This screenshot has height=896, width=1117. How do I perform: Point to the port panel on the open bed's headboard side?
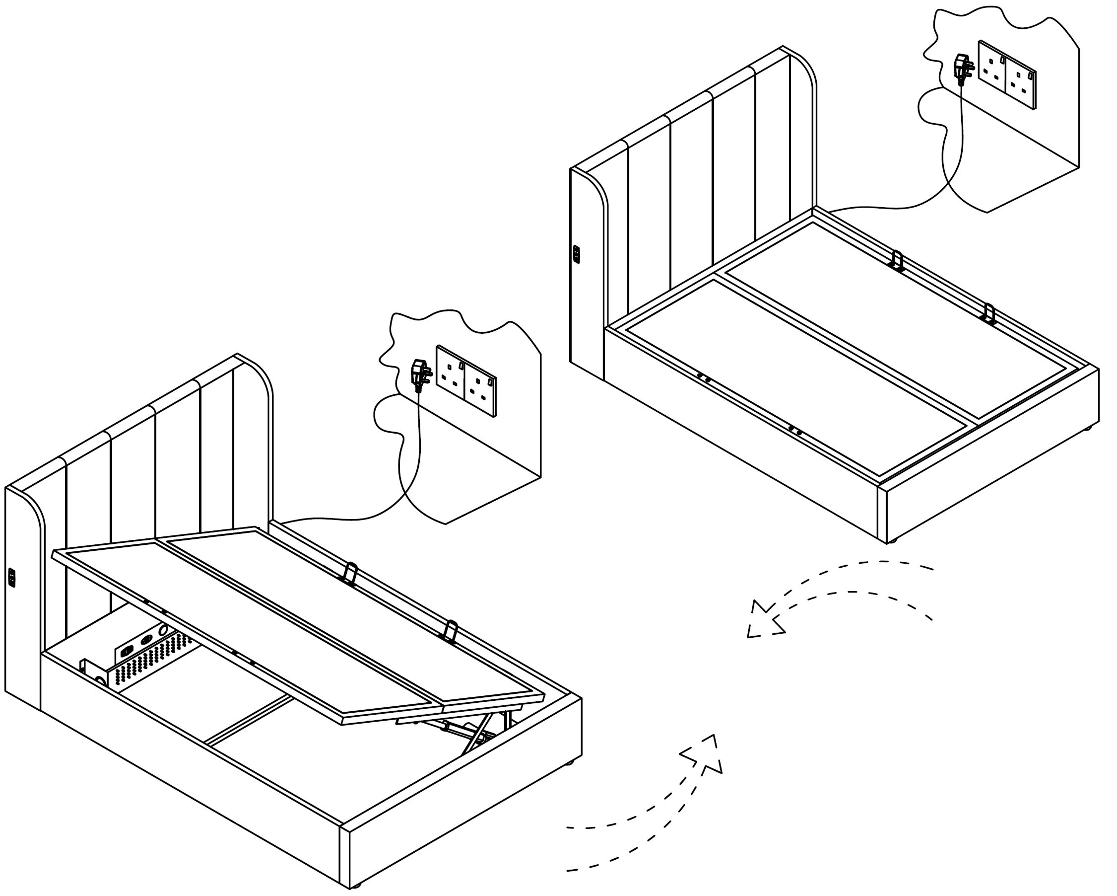click(x=11, y=578)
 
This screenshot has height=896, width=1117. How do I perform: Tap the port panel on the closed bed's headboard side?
click(x=576, y=254)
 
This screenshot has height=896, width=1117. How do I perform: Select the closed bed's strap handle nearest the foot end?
click(x=989, y=314)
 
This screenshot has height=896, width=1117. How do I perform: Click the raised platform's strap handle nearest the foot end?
click(x=451, y=630)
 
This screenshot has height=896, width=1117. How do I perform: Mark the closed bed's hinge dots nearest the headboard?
click(x=704, y=377)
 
